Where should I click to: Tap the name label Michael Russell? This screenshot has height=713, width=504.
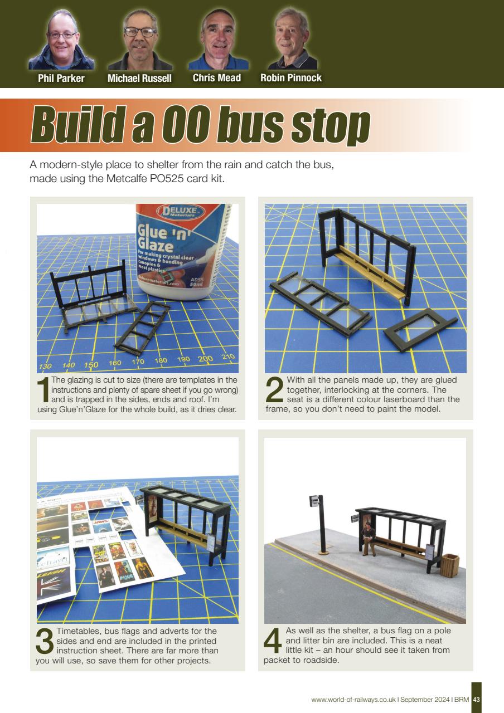[139, 79]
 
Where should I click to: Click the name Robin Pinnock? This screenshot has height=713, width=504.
[291, 79]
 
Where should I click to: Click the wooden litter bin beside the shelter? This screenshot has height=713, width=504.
[449, 565]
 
